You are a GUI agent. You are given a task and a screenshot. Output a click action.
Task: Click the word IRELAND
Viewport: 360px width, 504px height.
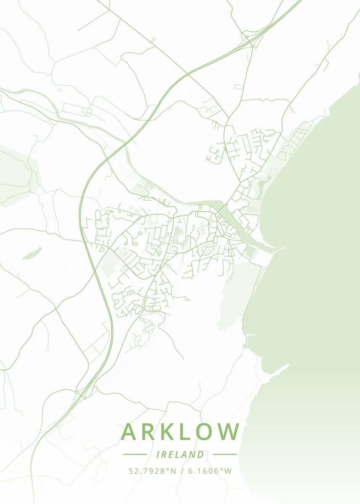(x=180, y=454)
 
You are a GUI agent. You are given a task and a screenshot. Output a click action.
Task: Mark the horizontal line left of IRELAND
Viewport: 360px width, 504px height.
(x=135, y=454)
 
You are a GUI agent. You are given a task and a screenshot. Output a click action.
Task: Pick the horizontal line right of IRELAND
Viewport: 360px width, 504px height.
(x=225, y=454)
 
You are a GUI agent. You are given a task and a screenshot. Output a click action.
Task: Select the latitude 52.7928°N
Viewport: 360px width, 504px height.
(x=152, y=471)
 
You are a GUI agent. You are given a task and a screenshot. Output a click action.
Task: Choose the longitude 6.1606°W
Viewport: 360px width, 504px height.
(x=210, y=471)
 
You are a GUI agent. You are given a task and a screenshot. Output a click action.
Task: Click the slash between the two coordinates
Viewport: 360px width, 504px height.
(x=182, y=471)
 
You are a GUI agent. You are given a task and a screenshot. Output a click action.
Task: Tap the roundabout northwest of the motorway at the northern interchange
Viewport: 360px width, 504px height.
(x=246, y=38)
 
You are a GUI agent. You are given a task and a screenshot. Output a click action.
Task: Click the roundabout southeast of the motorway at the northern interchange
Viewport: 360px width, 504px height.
(x=252, y=46)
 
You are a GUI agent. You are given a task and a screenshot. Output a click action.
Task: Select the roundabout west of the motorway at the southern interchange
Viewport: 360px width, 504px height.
(x=77, y=392)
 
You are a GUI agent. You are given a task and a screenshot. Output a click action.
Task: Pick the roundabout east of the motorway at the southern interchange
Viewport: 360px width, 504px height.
(x=84, y=397)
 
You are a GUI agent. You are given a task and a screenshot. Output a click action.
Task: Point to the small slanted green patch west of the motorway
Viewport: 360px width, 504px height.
(x=32, y=253)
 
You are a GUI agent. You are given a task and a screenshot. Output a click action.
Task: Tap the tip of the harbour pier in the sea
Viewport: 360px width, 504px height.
(x=284, y=247)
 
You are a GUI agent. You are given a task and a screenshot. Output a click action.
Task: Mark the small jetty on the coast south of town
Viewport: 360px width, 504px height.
(x=251, y=335)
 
